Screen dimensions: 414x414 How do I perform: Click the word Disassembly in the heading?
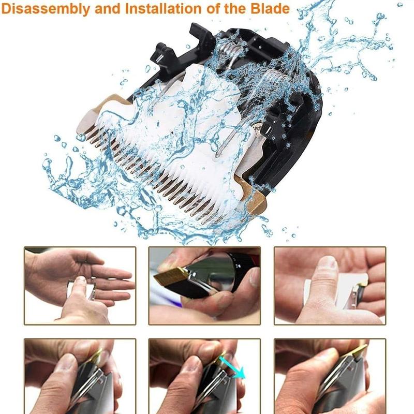click(x=46, y=9)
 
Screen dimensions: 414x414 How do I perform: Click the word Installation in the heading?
click(x=162, y=8)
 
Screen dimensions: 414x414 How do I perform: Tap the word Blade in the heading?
click(x=270, y=8)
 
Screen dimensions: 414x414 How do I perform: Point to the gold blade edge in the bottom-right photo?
click(x=359, y=352)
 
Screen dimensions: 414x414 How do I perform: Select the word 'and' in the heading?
click(x=108, y=8)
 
